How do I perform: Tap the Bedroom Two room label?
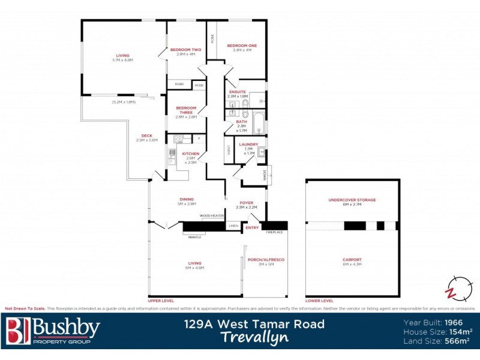[185, 50]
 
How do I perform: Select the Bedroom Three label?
[186, 109]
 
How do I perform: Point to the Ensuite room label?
[238, 92]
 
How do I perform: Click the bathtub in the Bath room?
[258, 122]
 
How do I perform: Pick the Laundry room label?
[248, 145]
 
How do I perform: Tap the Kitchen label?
[190, 154]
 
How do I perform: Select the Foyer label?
[247, 203]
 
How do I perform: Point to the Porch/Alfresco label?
[265, 259]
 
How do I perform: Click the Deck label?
[146, 136]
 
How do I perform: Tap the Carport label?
[352, 259]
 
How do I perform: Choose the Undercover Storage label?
[352, 200]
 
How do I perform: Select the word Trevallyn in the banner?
[253, 338]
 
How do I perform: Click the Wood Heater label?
[212, 215]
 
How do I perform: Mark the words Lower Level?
[319, 300]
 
